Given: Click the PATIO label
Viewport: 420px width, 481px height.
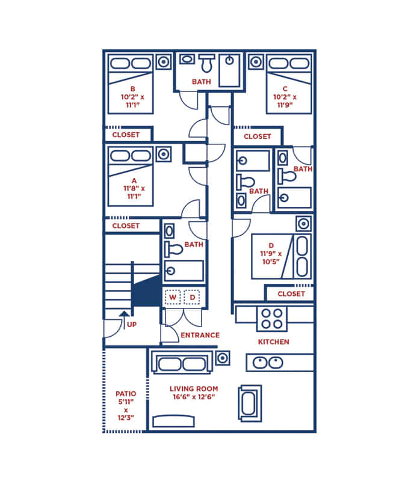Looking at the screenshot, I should [125, 394].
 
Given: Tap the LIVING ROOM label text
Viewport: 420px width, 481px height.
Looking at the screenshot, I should [193, 389].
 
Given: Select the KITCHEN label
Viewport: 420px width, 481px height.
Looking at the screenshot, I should [273, 342].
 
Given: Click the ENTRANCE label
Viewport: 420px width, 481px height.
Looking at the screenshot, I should [200, 335].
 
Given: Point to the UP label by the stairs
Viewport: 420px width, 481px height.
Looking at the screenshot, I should [133, 325].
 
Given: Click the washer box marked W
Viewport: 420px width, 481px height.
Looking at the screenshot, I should [173, 297].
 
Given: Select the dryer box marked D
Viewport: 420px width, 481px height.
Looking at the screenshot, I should [193, 297].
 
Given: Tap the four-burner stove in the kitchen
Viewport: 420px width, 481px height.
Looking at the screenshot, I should [271, 319].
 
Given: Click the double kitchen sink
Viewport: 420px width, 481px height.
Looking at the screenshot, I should [268, 363].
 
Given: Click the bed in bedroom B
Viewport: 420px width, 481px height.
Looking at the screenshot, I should [131, 84].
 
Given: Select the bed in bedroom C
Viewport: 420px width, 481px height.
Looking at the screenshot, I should [289, 84].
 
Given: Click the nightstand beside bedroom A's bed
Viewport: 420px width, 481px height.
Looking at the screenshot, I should [163, 154].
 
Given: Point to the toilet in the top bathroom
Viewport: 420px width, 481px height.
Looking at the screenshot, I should [208, 63].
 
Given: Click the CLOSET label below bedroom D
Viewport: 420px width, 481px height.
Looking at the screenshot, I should [290, 294].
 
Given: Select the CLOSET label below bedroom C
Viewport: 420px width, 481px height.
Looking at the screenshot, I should [257, 136].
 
